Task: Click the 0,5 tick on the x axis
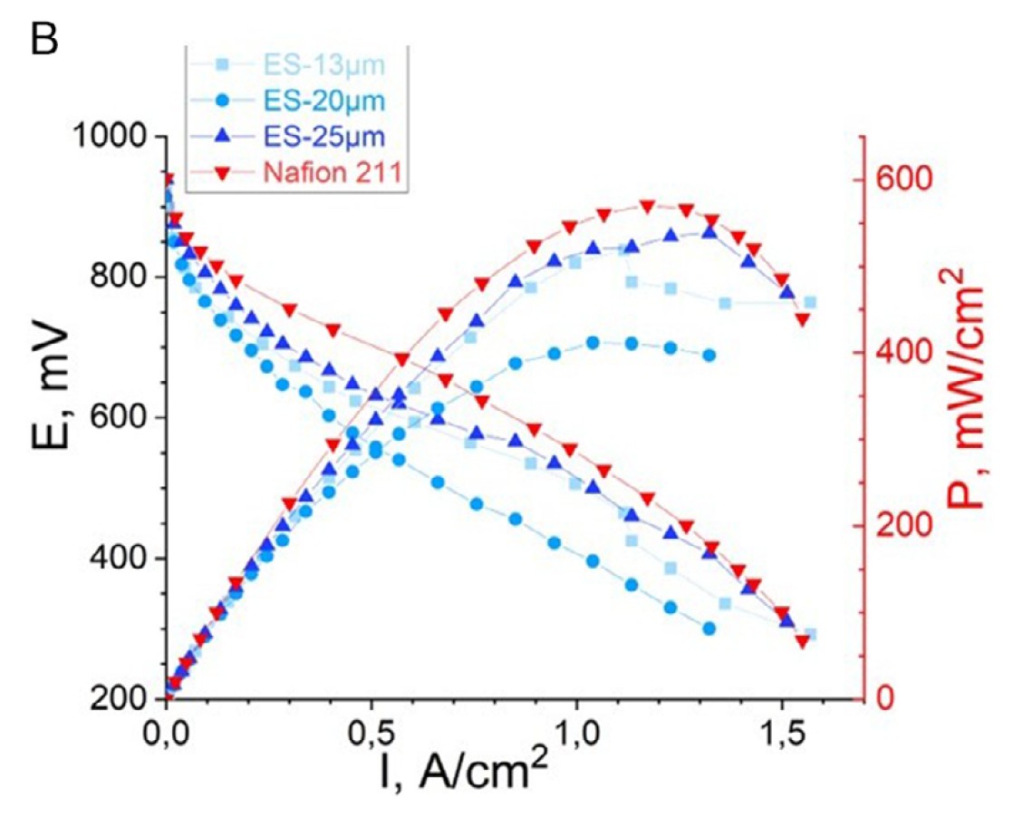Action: click(x=371, y=731)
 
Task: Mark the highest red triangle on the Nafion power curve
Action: click(x=647, y=207)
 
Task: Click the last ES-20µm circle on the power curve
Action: click(x=709, y=355)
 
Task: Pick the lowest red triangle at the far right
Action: click(x=802, y=641)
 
